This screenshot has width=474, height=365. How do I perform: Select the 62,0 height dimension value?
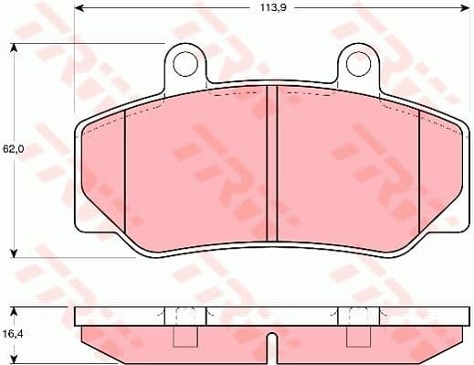coord(12,148)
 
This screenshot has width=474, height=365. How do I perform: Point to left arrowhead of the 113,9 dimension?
coord(79,9)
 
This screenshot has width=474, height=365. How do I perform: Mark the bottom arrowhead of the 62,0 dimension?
coord(15,252)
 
